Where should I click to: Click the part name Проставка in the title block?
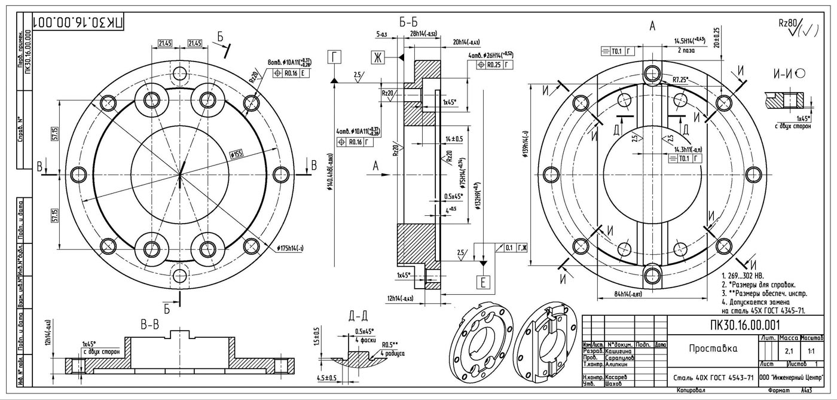coord(713,349)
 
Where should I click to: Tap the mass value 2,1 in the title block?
coord(788,351)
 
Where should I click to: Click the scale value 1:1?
coord(811,351)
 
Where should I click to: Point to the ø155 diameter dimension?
coord(237,155)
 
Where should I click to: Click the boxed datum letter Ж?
coord(377,57)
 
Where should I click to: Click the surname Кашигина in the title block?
coord(619,352)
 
